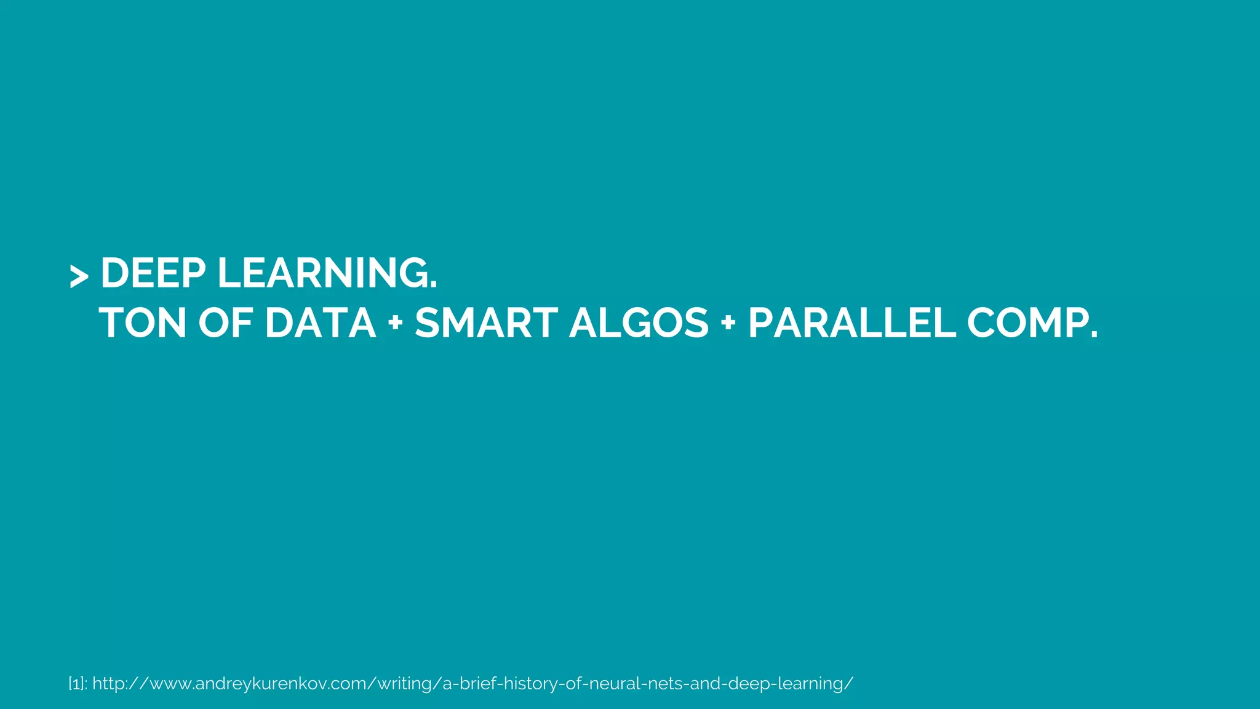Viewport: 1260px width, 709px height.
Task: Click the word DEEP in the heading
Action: tap(153, 273)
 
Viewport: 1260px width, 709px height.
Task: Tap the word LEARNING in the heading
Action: tap(322, 273)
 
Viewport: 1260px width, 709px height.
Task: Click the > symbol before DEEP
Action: tap(79, 276)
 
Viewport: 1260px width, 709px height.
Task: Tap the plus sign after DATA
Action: tap(396, 324)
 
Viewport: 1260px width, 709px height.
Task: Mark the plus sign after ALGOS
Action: tap(728, 324)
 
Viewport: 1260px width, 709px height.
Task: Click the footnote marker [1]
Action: tap(76, 684)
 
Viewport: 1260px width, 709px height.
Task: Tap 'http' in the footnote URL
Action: tap(109, 684)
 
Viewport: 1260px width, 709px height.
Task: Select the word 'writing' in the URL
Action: tap(404, 684)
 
